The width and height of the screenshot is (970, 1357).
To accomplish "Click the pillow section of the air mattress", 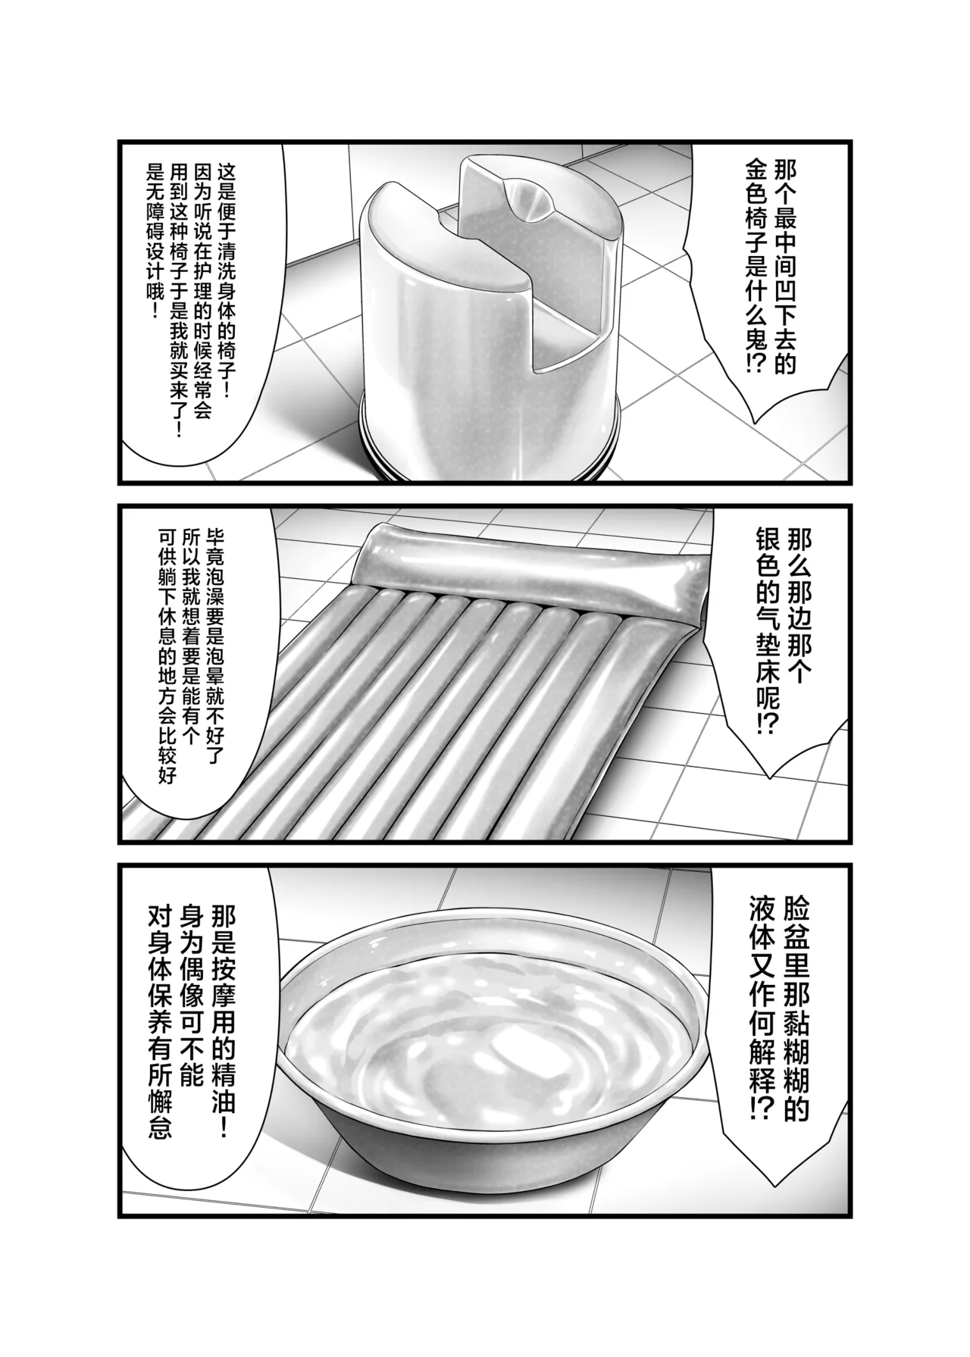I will coord(530,564).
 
